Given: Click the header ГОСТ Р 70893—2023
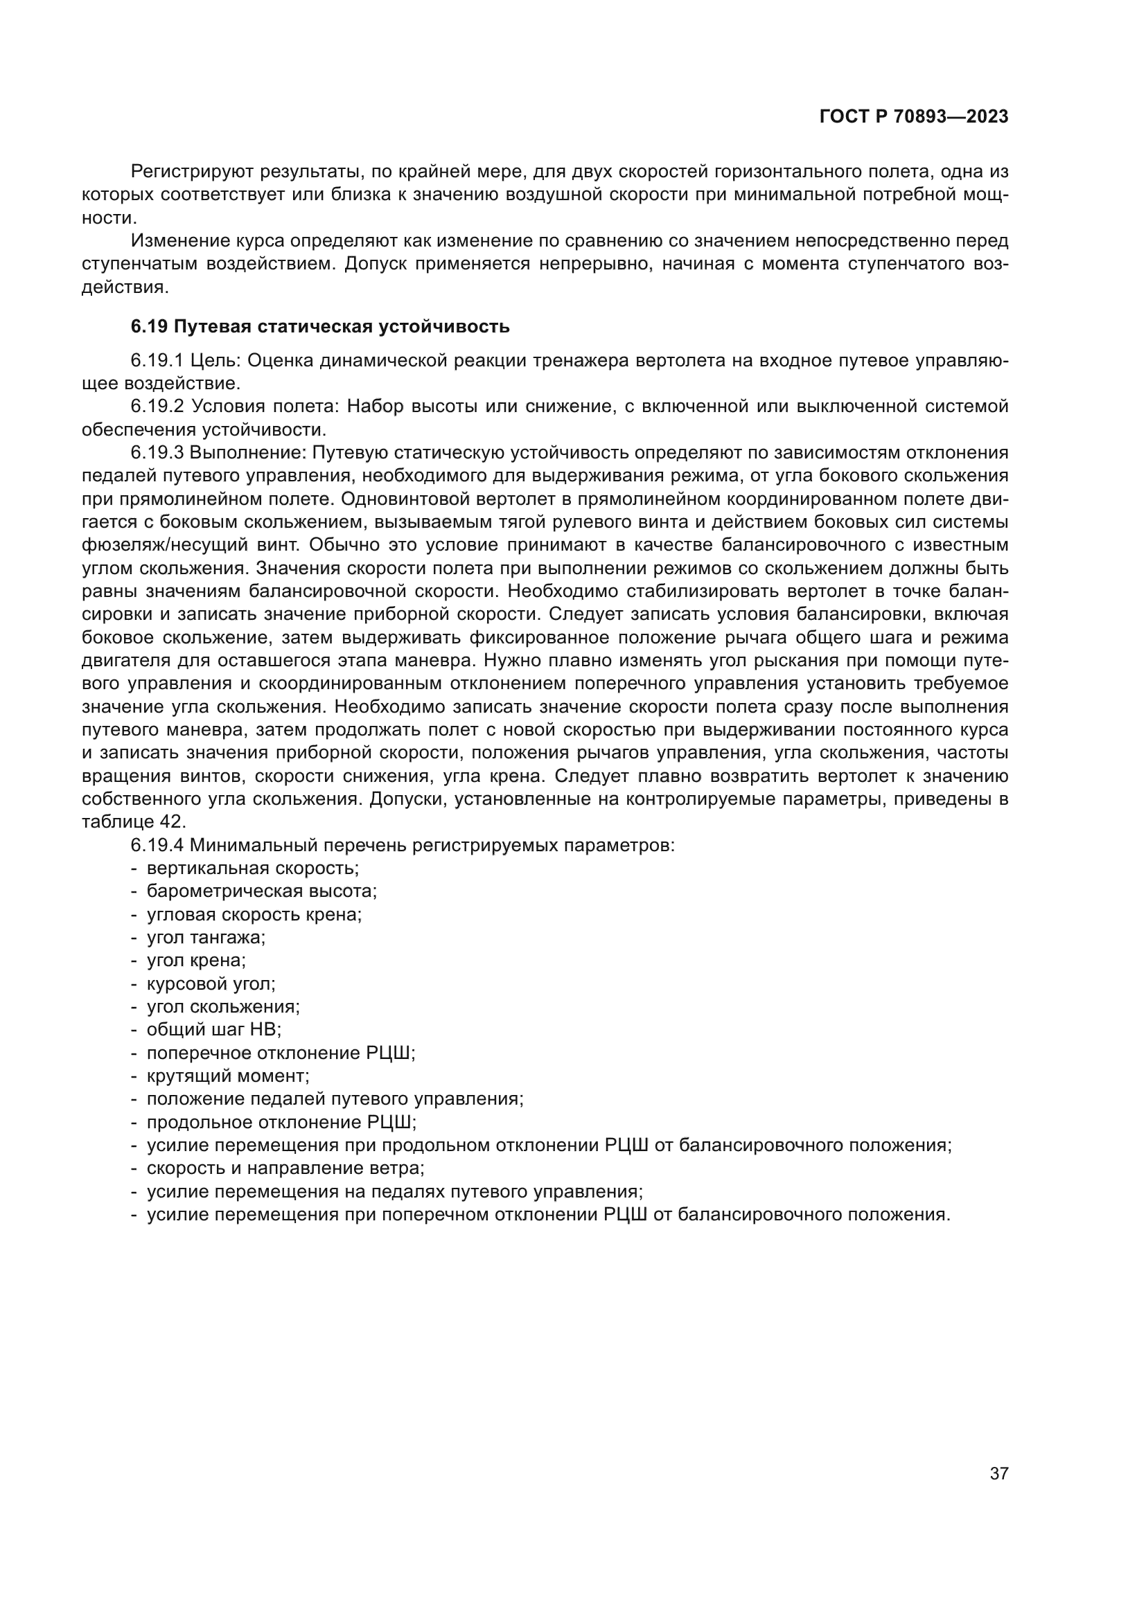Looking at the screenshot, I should tap(914, 117).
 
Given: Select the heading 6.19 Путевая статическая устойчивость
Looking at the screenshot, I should tap(319, 327).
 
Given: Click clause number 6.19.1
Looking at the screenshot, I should tap(157, 361).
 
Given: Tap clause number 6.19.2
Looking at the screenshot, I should tap(157, 407).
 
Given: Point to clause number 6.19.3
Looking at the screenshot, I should tap(157, 452).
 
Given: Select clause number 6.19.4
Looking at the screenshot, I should tap(157, 845).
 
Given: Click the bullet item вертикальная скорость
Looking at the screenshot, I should tap(253, 868).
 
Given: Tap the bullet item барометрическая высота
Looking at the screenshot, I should tap(262, 891).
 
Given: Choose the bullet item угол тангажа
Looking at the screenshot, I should tap(206, 938).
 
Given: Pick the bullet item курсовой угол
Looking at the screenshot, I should tap(211, 983).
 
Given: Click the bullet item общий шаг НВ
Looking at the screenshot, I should tap(214, 1030).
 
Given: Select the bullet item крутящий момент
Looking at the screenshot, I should tap(228, 1076).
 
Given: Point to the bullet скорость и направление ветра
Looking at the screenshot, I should tap(285, 1168).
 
